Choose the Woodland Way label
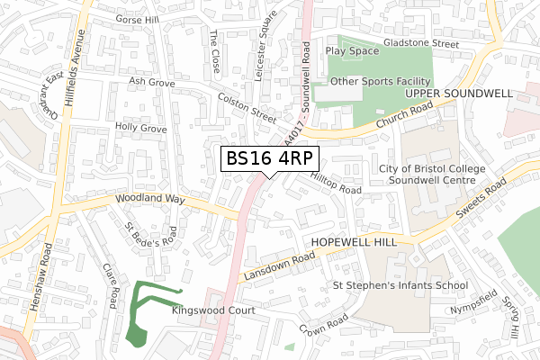[148, 200]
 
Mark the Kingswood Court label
[213, 310]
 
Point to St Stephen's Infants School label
[400, 286]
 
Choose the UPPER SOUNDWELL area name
[459, 94]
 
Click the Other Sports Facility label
[382, 81]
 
